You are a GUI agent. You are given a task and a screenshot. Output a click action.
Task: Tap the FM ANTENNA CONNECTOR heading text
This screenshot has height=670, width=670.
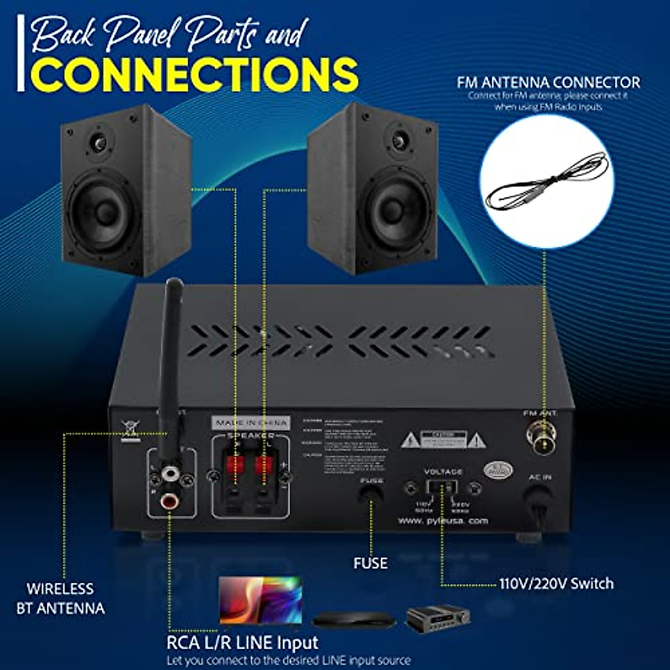point(548,83)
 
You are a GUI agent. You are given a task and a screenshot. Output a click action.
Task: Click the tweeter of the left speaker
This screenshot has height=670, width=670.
point(99,143)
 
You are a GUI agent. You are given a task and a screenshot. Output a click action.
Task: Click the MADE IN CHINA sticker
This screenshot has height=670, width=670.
point(251,423)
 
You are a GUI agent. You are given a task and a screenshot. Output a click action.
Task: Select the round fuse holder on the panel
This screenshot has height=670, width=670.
point(371,494)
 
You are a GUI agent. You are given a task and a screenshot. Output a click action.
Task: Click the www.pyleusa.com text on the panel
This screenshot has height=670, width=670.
point(443,520)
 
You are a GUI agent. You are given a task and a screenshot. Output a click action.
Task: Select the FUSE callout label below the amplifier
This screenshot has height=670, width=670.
point(370,563)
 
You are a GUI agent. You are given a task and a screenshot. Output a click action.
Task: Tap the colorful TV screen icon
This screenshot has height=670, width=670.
point(261,600)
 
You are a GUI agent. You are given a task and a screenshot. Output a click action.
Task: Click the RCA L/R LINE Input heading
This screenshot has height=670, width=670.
point(242,643)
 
